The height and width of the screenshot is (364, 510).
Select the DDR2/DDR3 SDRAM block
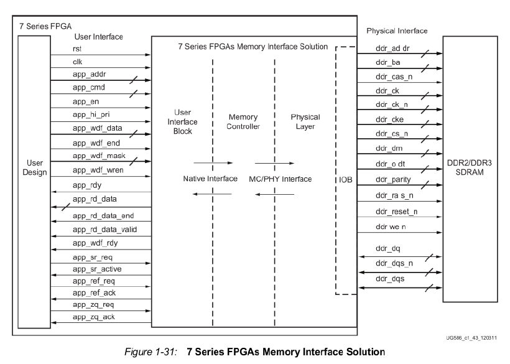(471, 168)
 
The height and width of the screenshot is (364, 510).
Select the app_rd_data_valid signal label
(104, 230)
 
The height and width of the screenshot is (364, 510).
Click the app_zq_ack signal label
(93, 317)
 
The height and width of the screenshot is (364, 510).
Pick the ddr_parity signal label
(392, 179)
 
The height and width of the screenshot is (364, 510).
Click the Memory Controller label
(243, 121)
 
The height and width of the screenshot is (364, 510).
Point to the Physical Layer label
(305, 121)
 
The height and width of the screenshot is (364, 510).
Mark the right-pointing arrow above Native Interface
(213, 163)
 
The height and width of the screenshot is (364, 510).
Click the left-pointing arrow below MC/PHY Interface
(274, 194)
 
